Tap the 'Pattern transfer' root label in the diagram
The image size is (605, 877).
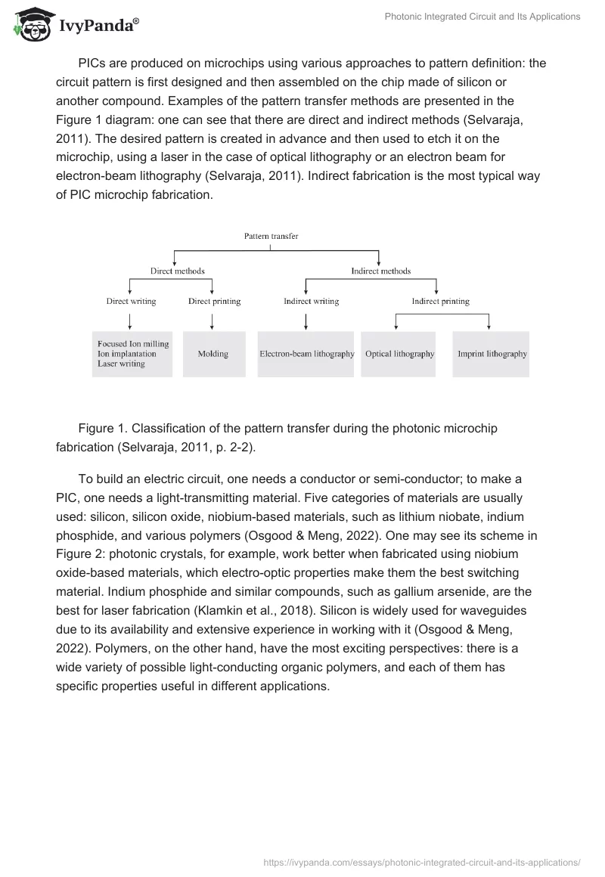[x=271, y=236]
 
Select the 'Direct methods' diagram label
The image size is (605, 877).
[x=177, y=271]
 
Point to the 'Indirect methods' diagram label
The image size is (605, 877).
[x=380, y=271]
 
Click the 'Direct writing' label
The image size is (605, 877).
[x=131, y=301]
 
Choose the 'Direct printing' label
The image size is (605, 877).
[x=214, y=301]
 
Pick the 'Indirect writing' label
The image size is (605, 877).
[x=311, y=301]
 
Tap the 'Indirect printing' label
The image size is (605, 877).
[x=440, y=301]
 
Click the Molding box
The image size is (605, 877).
[x=214, y=354]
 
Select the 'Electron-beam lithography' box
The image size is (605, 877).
[x=306, y=354]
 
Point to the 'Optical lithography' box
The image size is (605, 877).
[x=399, y=354]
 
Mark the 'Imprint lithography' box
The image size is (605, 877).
[x=492, y=354]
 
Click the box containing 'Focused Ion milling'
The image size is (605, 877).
[x=133, y=354]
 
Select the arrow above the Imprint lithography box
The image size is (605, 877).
[x=489, y=321]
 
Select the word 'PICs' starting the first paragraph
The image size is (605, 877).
[x=92, y=64]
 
